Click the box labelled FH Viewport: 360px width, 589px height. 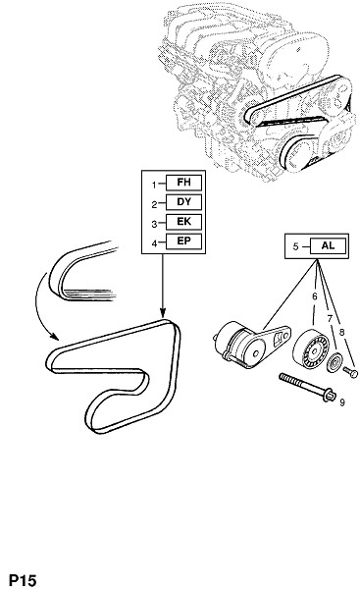pyautogui.click(x=183, y=183)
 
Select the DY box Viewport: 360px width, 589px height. pyautogui.click(x=183, y=202)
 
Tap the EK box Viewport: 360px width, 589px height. pyautogui.click(x=183, y=222)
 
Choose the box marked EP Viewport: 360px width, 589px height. pyautogui.click(x=183, y=241)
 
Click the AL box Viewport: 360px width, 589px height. pyautogui.click(x=328, y=245)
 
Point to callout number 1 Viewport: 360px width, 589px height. pyautogui.click(x=154, y=185)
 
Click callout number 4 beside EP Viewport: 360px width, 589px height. pyautogui.click(x=154, y=243)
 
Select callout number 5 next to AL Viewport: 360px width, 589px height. pyautogui.click(x=296, y=246)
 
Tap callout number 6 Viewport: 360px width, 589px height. pyautogui.click(x=315, y=296)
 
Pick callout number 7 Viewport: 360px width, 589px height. pyautogui.click(x=330, y=318)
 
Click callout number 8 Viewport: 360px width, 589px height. pyautogui.click(x=341, y=332)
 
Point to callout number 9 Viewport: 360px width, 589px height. pyautogui.click(x=342, y=402)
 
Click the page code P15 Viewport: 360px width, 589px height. pyautogui.click(x=23, y=580)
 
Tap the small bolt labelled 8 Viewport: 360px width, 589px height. pyautogui.click(x=350, y=372)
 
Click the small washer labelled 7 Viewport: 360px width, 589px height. pyautogui.click(x=334, y=363)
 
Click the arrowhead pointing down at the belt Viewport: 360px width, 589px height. pyautogui.click(x=163, y=312)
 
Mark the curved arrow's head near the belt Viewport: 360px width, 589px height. pyautogui.click(x=54, y=336)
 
